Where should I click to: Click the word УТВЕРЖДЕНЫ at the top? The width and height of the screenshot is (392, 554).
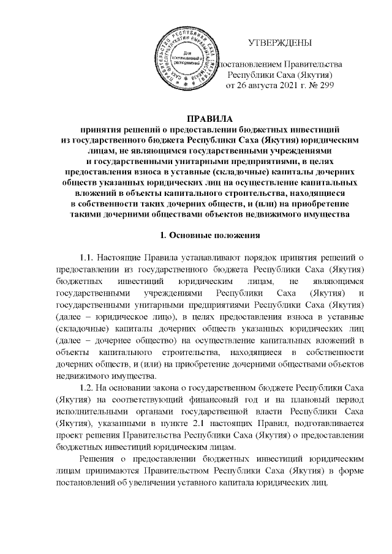tap(279, 43)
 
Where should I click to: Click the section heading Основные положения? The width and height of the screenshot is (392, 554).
tap(216, 234)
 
